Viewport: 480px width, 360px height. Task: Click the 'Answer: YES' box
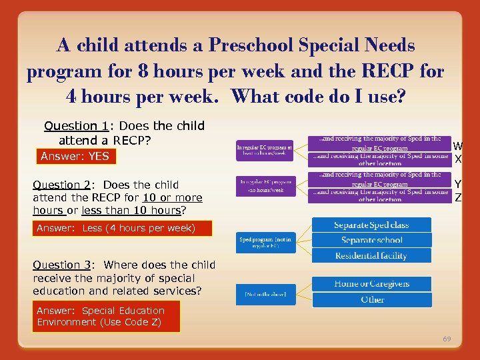[74, 157]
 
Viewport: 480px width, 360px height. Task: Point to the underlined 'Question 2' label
[60, 185]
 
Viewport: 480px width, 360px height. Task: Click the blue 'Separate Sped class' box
[371, 225]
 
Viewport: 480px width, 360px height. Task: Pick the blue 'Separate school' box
[371, 240]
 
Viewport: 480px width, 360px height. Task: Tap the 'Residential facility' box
[371, 256]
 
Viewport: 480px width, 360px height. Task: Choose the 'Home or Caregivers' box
[371, 284]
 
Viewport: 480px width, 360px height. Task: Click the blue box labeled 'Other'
[371, 300]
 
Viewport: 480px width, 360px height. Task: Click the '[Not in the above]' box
[265, 294]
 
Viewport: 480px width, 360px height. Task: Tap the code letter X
[457, 159]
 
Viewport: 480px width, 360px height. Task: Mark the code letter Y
[457, 185]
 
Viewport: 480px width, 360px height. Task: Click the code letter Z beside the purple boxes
[457, 197]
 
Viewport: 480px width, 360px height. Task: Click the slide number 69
[447, 339]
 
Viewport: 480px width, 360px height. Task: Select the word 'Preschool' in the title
[251, 46]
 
